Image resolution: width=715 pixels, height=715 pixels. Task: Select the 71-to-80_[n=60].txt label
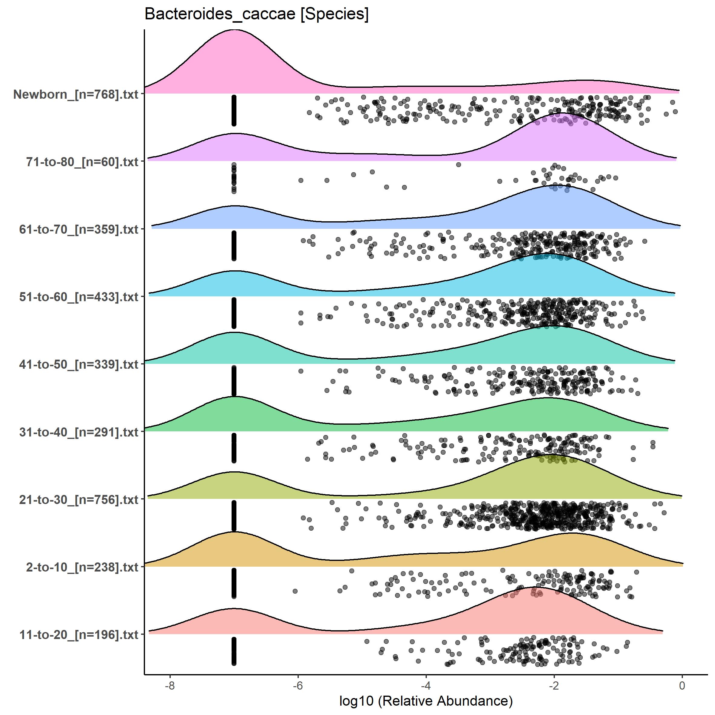[x=82, y=162]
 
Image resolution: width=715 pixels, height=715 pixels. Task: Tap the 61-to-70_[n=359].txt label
[x=79, y=229]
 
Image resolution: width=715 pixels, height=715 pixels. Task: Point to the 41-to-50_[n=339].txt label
[x=79, y=364]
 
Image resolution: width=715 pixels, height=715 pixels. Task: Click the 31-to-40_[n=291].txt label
[x=79, y=432]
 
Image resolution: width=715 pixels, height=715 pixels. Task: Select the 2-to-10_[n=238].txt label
[x=82, y=567]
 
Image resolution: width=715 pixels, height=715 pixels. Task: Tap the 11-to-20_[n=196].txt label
[x=79, y=635]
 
